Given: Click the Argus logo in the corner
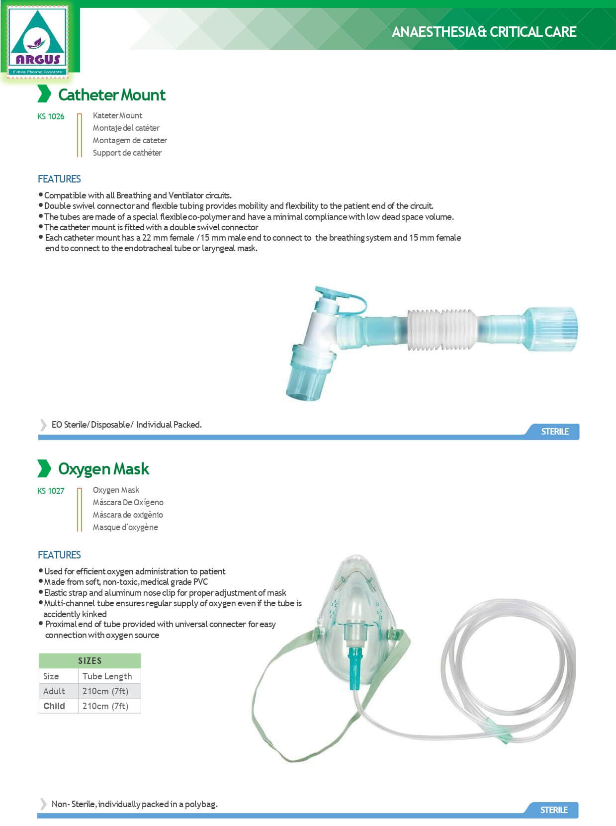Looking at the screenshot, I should coord(38,42).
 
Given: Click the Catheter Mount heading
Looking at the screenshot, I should coord(111,94).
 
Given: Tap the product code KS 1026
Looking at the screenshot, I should coord(51,116).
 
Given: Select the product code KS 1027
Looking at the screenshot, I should coord(51,491).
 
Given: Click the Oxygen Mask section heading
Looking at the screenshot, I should coord(103,468).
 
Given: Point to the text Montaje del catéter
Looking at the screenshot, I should coord(126,128).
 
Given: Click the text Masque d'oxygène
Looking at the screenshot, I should coord(125,527).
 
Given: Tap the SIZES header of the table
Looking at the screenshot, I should coord(89,660).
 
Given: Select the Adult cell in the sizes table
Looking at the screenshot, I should coord(54,691).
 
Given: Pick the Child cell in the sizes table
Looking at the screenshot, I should coord(54,706).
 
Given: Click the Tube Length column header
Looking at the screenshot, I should coord(107,676).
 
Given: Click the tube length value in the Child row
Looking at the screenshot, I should coord(105,706).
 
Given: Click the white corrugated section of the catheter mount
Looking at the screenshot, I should coord(440,329).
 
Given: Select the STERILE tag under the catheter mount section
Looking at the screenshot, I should coord(554,431).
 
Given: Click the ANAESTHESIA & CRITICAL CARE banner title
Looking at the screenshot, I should coord(484,32).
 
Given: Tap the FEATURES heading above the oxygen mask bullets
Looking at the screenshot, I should coord(59,554).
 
